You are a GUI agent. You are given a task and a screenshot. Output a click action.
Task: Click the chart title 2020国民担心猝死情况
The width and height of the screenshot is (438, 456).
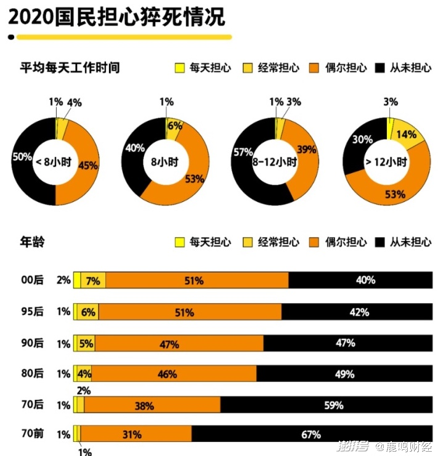pyautogui.click(x=116, y=17)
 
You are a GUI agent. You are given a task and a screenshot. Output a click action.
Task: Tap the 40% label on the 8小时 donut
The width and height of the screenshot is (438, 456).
pyautogui.click(x=135, y=148)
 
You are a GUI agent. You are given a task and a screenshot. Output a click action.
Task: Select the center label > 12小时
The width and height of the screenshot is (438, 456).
pyautogui.click(x=386, y=162)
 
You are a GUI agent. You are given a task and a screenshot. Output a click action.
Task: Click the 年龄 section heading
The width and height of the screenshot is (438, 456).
pyautogui.click(x=33, y=242)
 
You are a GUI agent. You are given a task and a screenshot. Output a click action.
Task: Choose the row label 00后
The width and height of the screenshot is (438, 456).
pyautogui.click(x=32, y=280)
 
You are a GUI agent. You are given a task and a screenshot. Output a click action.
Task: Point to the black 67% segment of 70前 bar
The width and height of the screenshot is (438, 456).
pyautogui.click(x=311, y=434)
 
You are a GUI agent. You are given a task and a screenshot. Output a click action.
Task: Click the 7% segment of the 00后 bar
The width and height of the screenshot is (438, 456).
pyautogui.click(x=93, y=280)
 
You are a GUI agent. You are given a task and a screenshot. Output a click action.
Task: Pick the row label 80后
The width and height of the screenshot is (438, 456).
pyautogui.click(x=32, y=373)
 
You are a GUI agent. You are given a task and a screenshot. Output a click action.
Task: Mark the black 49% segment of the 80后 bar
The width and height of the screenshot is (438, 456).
pyautogui.click(x=344, y=374)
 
